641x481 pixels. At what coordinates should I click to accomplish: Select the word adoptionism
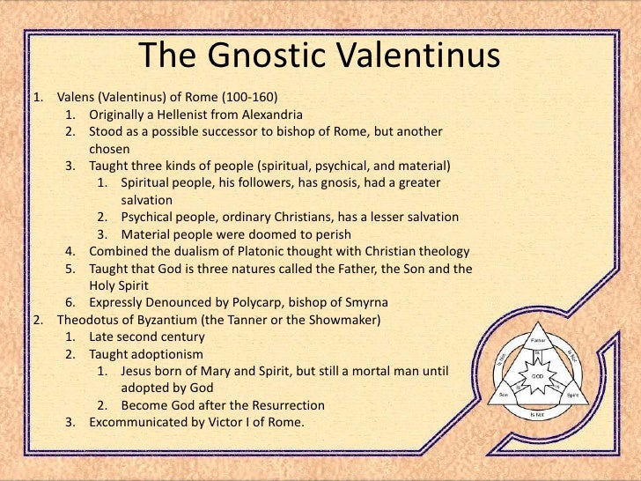(164, 353)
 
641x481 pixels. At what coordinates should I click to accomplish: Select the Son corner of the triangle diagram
(504, 396)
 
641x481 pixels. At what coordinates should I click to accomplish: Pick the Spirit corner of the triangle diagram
(571, 396)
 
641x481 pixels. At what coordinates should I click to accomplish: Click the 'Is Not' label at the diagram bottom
(537, 412)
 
